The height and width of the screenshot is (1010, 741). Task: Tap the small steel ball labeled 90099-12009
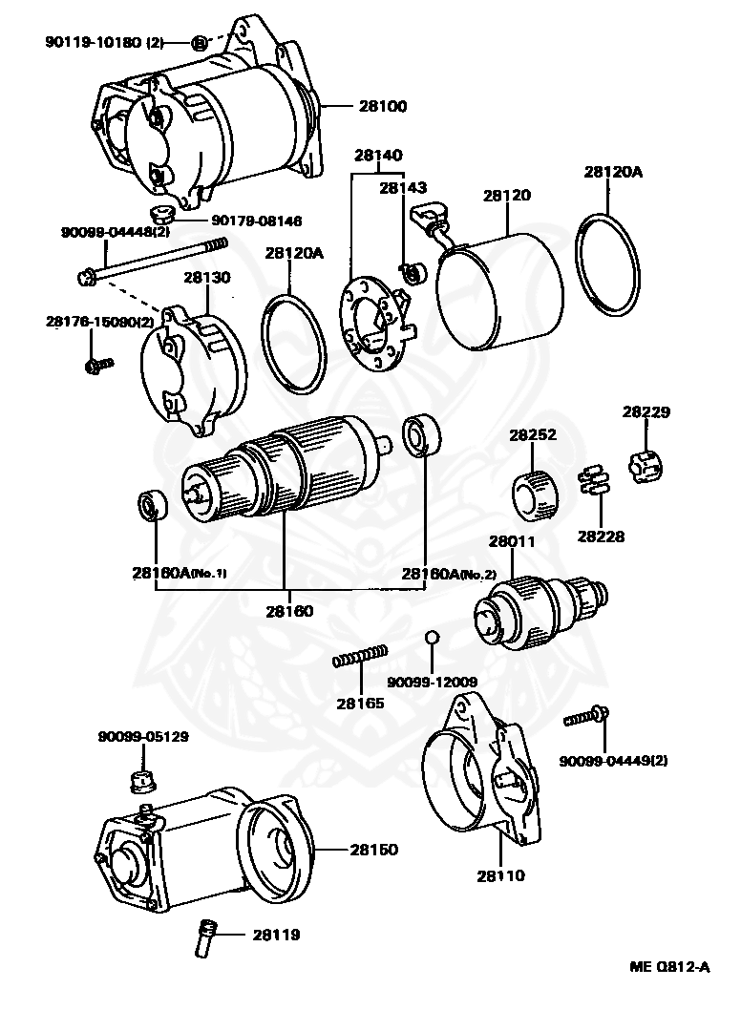(432, 637)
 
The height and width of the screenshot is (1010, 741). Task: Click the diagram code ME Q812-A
(669, 966)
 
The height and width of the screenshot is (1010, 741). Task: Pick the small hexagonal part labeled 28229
(645, 466)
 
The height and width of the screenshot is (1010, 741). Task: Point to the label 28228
(600, 537)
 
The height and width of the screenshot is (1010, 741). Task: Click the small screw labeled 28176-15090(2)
(97, 364)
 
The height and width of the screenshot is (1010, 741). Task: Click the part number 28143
(404, 188)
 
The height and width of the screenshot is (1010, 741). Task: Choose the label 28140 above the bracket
(378, 155)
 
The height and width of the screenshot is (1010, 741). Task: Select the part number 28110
(500, 873)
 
